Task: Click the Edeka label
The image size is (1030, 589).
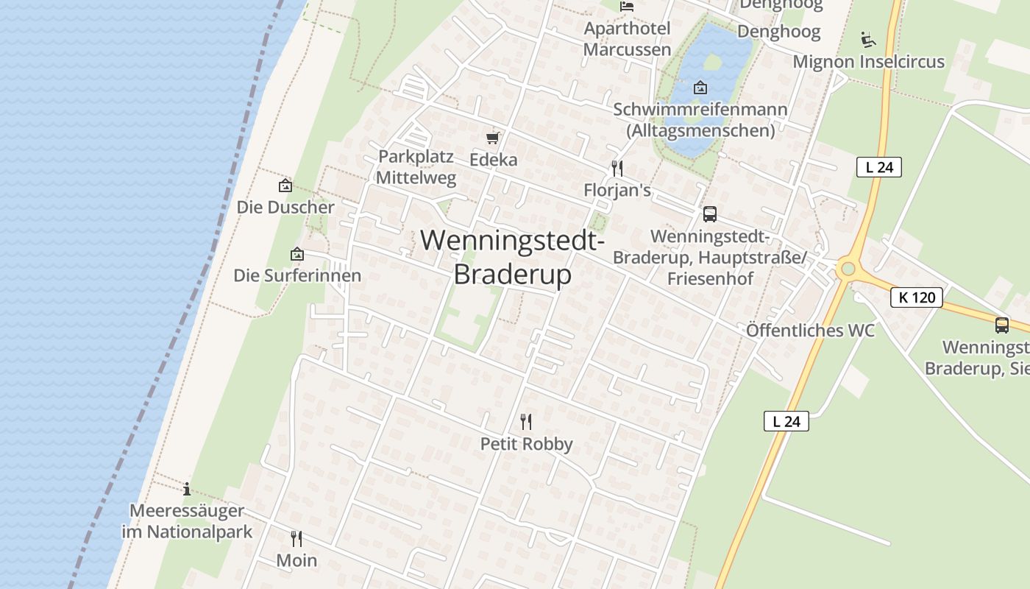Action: coord(494,160)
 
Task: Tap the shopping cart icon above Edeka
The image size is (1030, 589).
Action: coord(493,138)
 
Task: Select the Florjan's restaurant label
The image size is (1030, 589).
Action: coord(617,191)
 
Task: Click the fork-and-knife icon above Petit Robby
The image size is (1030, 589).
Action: coord(526,422)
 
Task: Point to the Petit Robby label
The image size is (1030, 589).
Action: coord(526,444)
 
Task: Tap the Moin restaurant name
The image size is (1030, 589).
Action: coord(296,560)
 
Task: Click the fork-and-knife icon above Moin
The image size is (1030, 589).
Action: coord(296,538)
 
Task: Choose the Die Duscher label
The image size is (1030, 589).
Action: coord(285,208)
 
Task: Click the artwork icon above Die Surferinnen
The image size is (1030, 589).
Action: coord(297,254)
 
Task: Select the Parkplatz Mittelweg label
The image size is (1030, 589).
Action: coord(416,167)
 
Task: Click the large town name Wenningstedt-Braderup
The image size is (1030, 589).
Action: coord(513,257)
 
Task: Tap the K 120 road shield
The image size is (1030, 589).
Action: coord(917,297)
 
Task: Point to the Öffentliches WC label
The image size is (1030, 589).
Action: coord(810,331)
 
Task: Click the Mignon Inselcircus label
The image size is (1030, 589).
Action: coord(868,62)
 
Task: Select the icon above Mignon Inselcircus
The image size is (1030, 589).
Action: coord(868,39)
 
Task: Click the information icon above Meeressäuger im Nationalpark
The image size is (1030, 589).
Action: coord(187,488)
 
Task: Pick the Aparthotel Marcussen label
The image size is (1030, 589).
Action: coord(627,39)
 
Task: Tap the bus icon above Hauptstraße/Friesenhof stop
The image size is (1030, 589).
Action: coord(710,214)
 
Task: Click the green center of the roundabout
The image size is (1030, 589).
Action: coord(848,269)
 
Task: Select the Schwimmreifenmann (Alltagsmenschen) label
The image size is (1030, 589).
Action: coord(700,120)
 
